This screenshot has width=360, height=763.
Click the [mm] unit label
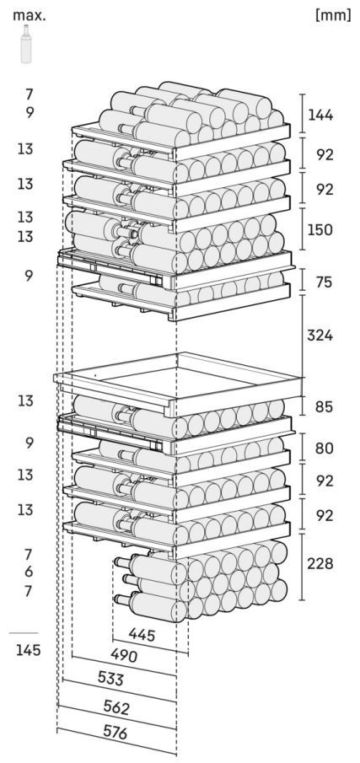point(333,14)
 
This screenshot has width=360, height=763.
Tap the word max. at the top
point(30,15)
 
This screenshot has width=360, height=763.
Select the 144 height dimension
point(320,116)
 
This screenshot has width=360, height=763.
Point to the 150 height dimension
point(320,229)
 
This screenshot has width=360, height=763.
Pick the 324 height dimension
point(320,336)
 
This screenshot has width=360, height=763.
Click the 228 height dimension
point(320,564)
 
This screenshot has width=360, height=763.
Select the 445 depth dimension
point(142,635)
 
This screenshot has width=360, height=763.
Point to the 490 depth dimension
point(124,655)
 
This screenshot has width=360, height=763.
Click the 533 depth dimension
point(111,679)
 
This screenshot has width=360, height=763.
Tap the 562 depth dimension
point(116,708)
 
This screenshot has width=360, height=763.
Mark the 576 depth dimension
point(116,732)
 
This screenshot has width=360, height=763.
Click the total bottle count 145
point(28,650)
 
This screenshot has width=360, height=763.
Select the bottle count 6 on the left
point(29,572)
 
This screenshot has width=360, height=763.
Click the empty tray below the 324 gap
point(178,381)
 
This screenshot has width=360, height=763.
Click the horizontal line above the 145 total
point(24,633)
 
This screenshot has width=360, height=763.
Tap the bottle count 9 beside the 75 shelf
point(30,276)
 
